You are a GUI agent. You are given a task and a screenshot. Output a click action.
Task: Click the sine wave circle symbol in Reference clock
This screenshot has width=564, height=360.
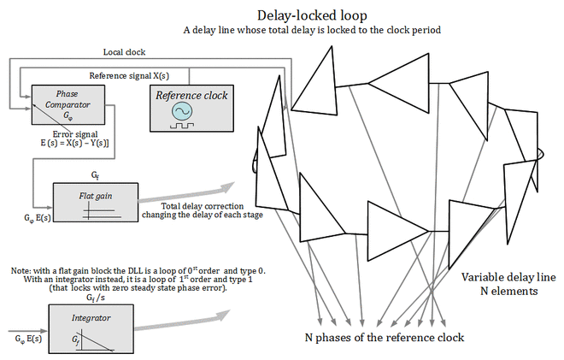[x=183, y=112]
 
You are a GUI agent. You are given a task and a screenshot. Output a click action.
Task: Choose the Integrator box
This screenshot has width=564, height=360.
[x=91, y=328]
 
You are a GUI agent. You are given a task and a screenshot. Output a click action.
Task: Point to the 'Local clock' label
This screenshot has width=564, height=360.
[x=124, y=52]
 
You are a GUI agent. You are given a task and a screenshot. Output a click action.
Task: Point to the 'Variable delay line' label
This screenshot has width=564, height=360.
[x=508, y=277]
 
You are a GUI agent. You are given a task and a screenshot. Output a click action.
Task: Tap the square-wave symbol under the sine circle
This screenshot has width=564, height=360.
[x=183, y=125]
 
